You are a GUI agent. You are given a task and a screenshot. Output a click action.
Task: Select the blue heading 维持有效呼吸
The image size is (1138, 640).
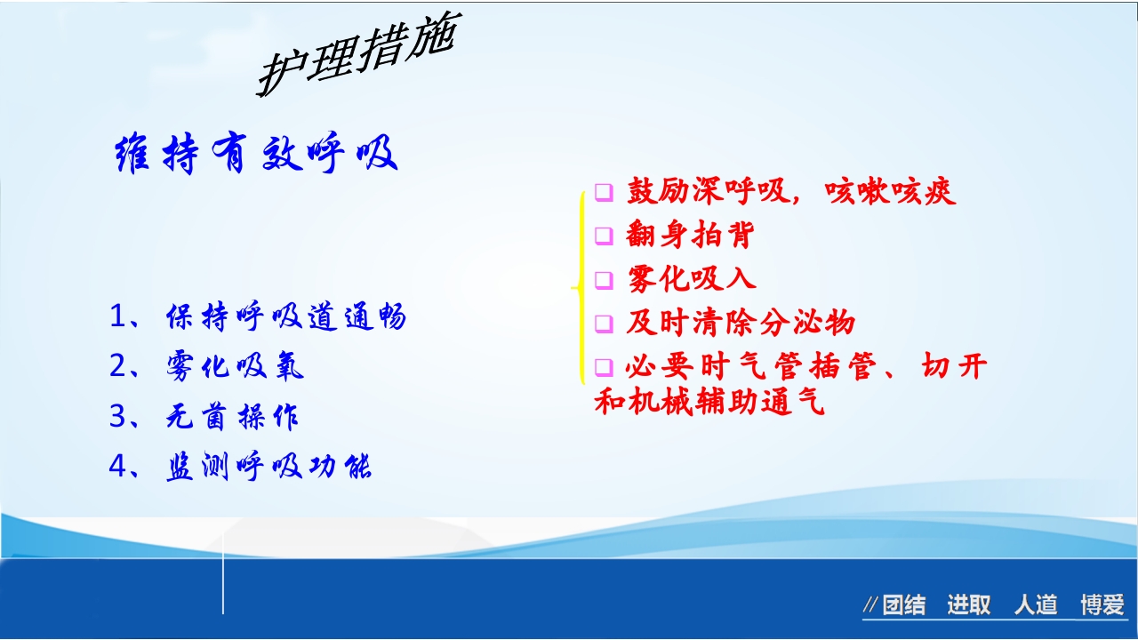(256, 155)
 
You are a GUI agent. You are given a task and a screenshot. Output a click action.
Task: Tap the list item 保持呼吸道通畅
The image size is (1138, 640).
(285, 317)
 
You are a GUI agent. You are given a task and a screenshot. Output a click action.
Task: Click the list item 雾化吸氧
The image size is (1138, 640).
(235, 367)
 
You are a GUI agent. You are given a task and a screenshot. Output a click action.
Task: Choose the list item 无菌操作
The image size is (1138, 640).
(232, 417)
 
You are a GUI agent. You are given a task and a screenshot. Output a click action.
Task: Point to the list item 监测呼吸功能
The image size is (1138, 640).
(268, 467)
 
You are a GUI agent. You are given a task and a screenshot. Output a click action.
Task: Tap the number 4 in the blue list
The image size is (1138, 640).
(118, 467)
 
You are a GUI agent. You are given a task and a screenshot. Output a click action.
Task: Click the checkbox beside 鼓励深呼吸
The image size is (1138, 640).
(605, 192)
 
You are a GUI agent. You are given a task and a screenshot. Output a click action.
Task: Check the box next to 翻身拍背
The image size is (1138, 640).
(605, 236)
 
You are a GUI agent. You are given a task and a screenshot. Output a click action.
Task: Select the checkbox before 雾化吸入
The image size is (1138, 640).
(605, 280)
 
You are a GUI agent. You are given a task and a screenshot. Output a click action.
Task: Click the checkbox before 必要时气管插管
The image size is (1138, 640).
(605, 366)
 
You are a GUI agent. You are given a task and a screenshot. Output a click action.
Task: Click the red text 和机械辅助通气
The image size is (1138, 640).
(709, 402)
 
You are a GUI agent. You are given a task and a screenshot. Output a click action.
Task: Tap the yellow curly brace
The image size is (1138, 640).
(579, 286)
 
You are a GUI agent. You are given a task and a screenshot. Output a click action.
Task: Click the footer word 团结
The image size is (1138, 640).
(903, 606)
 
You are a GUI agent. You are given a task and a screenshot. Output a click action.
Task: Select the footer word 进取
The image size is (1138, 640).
(968, 606)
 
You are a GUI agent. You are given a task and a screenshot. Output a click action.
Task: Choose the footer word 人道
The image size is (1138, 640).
(1036, 606)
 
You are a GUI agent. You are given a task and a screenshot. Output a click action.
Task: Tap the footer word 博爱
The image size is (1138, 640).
(1102, 606)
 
